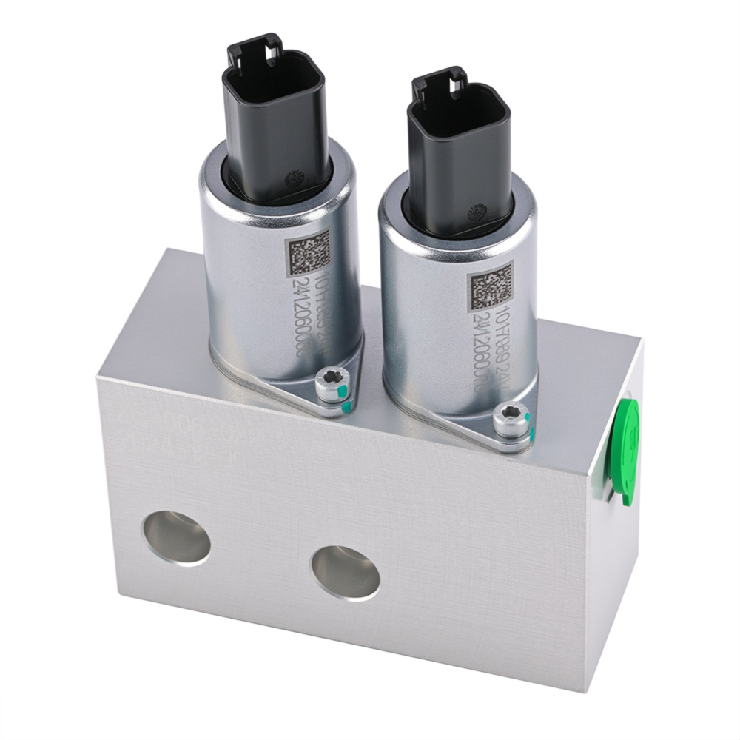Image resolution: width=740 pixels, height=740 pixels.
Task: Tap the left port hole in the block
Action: [x=177, y=536]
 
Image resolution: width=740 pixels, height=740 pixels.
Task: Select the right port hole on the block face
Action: [x=345, y=572]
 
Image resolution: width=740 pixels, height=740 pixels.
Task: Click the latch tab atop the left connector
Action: [x=255, y=46]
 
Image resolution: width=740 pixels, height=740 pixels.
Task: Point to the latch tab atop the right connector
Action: [x=438, y=80]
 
